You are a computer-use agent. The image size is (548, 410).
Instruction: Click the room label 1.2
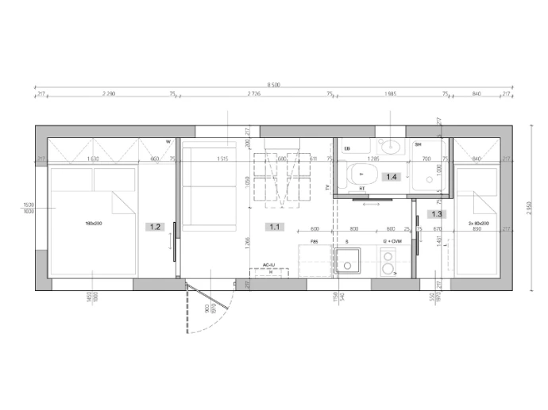155,227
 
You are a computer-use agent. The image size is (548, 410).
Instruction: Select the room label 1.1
275,227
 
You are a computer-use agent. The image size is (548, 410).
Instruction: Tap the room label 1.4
391,177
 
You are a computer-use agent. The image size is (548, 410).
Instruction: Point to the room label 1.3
436,213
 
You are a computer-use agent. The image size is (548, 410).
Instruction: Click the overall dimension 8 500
273,85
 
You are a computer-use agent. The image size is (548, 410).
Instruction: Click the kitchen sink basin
348,261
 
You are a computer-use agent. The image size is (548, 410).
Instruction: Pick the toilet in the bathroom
364,174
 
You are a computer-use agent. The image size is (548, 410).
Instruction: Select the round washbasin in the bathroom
389,147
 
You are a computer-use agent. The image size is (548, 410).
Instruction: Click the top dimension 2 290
110,94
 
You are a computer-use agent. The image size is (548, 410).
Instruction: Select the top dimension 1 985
390,94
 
